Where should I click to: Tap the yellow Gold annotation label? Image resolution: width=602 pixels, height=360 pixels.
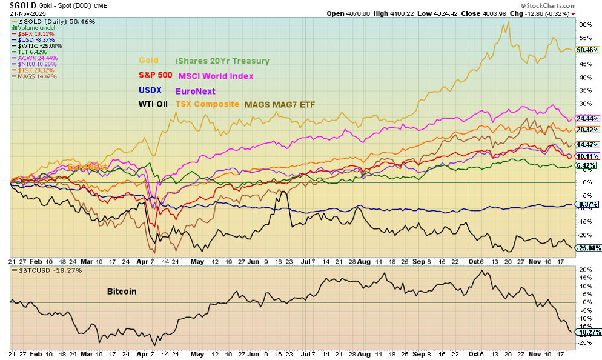pos(149,61)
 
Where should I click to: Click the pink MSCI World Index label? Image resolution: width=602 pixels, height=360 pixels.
pos(216,76)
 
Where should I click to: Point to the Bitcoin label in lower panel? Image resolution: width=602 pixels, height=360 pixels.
pos(121,292)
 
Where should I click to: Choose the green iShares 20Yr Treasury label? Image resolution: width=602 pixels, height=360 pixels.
pos(222,61)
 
